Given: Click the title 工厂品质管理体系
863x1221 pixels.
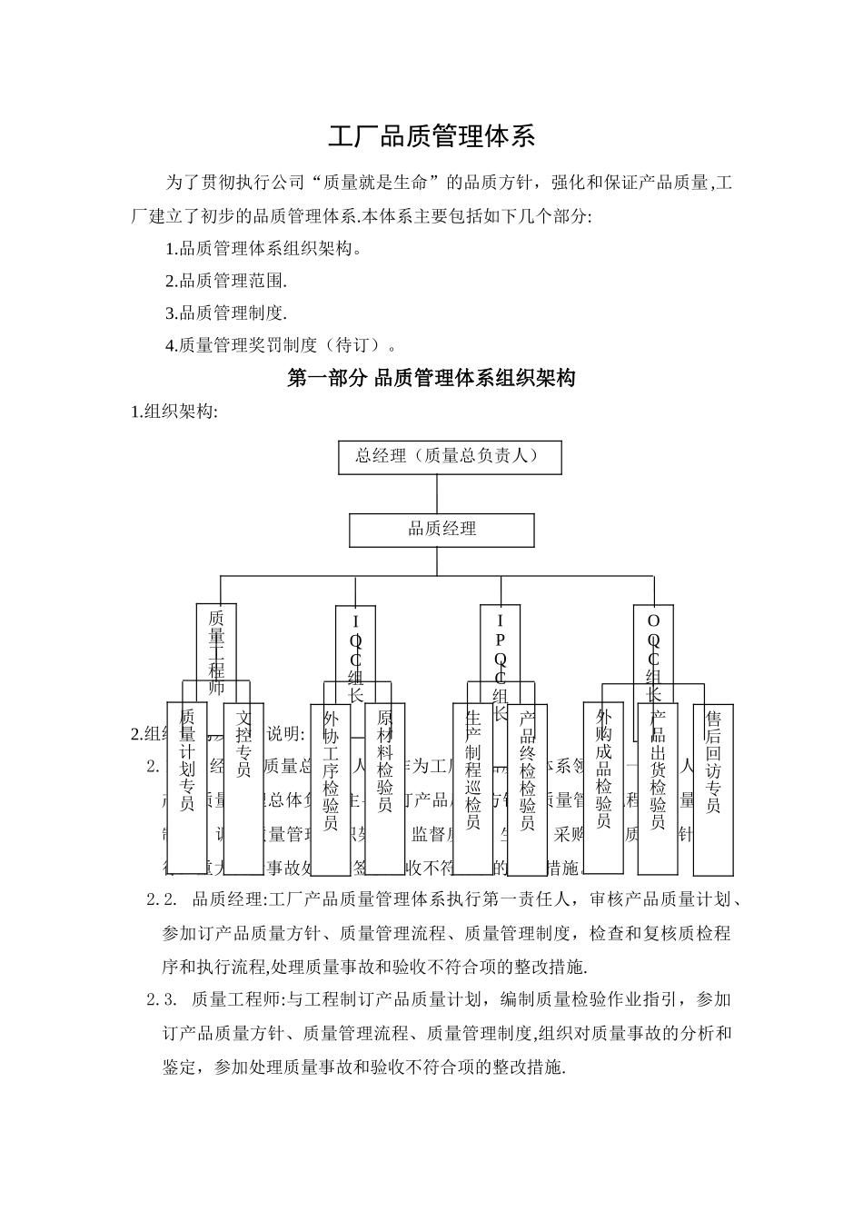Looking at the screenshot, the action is [431, 137].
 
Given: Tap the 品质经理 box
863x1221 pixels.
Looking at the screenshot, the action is [441, 530].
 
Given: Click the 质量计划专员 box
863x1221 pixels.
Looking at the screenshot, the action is [187, 787].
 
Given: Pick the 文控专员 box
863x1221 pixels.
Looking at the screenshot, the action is [243, 787].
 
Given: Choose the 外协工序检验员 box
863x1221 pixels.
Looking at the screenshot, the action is [331, 787].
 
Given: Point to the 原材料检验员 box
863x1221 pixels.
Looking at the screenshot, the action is [384, 787].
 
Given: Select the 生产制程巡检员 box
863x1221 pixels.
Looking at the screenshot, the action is [472, 787].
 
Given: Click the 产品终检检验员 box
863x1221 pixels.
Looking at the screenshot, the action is [527, 787].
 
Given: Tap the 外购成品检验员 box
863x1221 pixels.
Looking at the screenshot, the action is [603, 787].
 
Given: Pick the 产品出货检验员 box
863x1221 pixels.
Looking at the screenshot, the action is [658, 787].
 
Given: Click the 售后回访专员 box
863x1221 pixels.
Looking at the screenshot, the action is [713, 787].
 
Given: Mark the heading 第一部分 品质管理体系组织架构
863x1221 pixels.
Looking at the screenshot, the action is [431, 378].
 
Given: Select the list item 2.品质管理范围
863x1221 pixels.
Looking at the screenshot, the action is [226, 281].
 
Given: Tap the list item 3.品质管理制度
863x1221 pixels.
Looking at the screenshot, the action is [226, 313].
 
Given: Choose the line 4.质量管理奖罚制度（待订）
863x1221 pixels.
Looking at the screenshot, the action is [282, 345].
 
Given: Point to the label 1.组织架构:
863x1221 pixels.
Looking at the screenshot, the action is [175, 412].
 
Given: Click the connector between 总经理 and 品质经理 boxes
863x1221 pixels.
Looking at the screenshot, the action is [437, 494].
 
